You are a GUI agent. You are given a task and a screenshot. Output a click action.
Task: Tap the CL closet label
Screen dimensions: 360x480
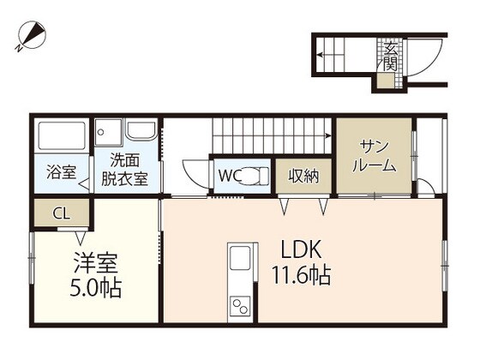click(x=61, y=213)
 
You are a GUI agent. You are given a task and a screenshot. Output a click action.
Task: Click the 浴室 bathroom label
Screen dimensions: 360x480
click(x=60, y=171)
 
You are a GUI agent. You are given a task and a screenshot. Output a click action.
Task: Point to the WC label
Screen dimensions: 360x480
click(x=228, y=177)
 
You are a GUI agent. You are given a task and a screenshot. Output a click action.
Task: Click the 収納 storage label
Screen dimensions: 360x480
click(x=303, y=177)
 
